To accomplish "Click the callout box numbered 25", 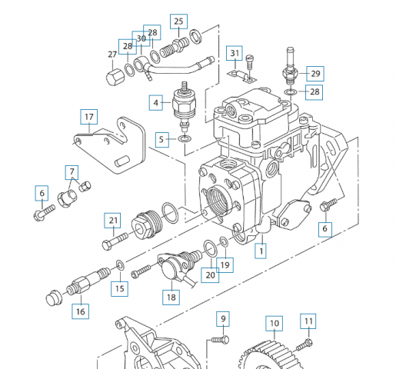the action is point(178,22).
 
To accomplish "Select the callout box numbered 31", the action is point(235,53).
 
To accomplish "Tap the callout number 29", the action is point(315,74).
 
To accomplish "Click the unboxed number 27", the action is point(112,55).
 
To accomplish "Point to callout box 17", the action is point(89,117).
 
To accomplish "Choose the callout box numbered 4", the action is point(156,103).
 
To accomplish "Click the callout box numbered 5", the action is point(162,140).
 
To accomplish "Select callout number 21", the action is point(113,221).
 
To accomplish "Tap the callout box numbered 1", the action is point(261,251).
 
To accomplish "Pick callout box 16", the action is point(81,311).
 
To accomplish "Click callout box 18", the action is point(171,298).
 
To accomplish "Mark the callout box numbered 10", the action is point(275,324).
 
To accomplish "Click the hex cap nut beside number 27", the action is point(115,78).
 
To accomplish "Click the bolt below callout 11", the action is point(304,344).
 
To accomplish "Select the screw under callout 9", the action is point(220,340).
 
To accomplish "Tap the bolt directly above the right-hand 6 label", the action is point(328,205).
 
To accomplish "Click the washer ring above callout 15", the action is point(120,265).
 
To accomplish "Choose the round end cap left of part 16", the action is point(54,298).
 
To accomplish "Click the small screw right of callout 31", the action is point(249,62).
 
